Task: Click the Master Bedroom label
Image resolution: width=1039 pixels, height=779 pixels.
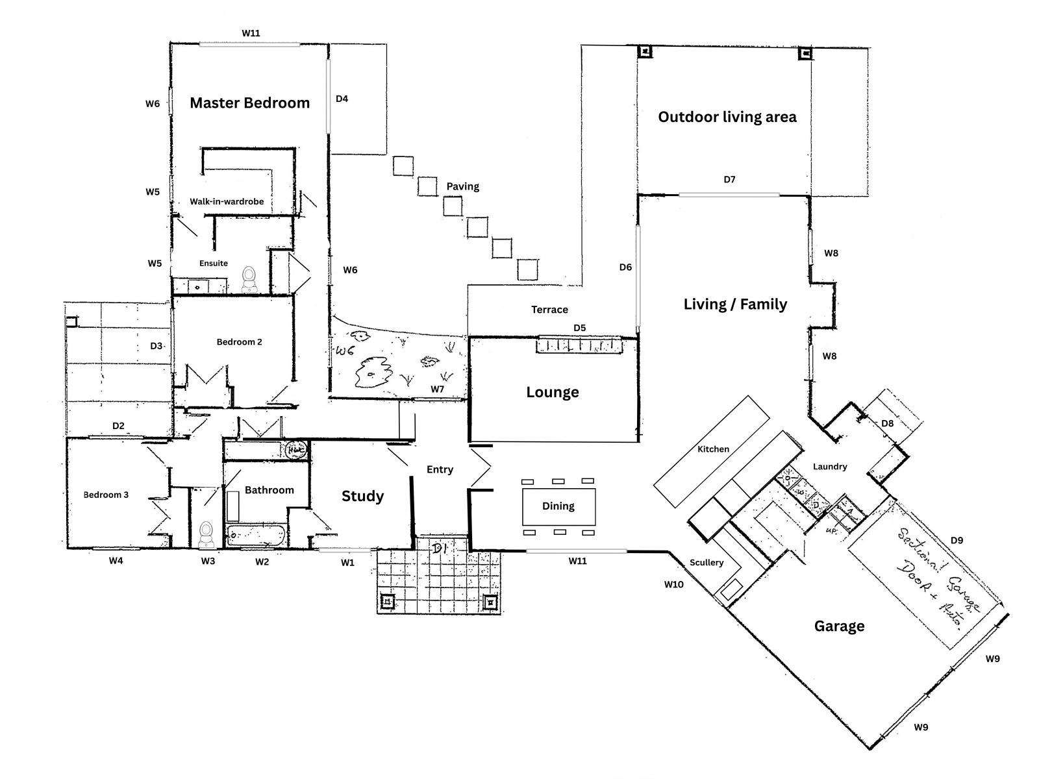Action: pyautogui.click(x=249, y=103)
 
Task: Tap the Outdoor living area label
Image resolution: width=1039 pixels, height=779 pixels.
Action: pyautogui.click(x=727, y=117)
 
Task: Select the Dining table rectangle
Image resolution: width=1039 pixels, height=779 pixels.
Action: pyautogui.click(x=558, y=506)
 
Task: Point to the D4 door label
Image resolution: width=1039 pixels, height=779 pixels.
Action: pyautogui.click(x=342, y=99)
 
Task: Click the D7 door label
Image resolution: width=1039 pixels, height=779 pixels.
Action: pyautogui.click(x=729, y=179)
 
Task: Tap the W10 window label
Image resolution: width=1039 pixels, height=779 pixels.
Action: pyautogui.click(x=673, y=584)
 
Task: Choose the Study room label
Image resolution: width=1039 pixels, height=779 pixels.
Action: pyautogui.click(x=362, y=497)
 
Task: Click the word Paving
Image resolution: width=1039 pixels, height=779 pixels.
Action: pyautogui.click(x=462, y=186)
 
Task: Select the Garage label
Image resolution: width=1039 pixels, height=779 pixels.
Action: pyautogui.click(x=839, y=626)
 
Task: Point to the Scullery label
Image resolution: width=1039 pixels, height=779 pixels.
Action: pyautogui.click(x=707, y=562)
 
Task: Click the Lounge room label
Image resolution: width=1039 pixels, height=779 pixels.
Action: pyautogui.click(x=552, y=392)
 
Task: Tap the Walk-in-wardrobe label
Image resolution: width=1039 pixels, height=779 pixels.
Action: pyautogui.click(x=227, y=201)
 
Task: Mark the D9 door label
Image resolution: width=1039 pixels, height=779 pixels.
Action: pyautogui.click(x=957, y=540)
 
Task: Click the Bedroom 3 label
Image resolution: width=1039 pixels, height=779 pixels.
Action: pyautogui.click(x=106, y=495)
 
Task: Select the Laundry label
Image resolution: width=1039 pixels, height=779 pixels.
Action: pyautogui.click(x=830, y=466)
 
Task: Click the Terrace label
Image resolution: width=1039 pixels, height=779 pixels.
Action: pyautogui.click(x=549, y=310)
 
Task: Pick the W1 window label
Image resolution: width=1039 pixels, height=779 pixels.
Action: pyautogui.click(x=347, y=563)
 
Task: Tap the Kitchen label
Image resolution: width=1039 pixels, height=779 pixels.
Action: pyautogui.click(x=713, y=449)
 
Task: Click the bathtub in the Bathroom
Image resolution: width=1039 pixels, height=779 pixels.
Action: pyautogui.click(x=256, y=536)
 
